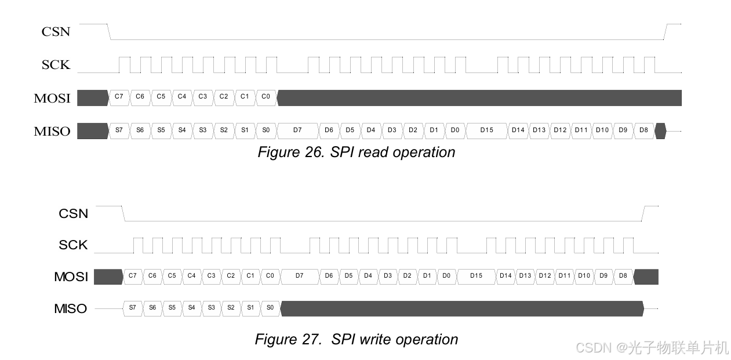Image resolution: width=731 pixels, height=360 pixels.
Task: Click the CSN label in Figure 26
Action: pyautogui.click(x=56, y=31)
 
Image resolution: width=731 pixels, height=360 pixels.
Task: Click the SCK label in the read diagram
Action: pyautogui.click(x=56, y=65)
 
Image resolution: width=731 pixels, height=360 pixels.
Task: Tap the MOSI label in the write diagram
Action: pyautogui.click(x=71, y=277)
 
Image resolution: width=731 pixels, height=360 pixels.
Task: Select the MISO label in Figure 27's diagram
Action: pyautogui.click(x=71, y=308)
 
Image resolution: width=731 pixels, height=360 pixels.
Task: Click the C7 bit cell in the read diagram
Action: pyautogui.click(x=119, y=97)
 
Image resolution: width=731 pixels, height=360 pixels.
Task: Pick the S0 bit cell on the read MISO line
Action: pyautogui.click(x=266, y=130)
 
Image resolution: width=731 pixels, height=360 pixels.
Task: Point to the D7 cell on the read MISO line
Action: pyautogui.click(x=297, y=130)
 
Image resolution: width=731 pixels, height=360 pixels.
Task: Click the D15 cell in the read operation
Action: pyautogui.click(x=486, y=130)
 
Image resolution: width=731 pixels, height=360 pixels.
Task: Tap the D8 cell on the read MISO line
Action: pyautogui.click(x=643, y=130)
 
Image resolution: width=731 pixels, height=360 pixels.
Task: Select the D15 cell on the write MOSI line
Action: pyautogui.click(x=476, y=276)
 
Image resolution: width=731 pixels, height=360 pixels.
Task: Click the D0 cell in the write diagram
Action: pyautogui.click(x=446, y=276)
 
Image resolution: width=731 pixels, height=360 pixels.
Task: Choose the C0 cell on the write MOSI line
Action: pyautogui.click(x=270, y=276)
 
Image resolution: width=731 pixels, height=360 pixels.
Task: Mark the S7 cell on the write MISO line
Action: pyautogui.click(x=133, y=308)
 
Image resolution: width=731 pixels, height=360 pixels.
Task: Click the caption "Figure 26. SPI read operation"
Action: pyautogui.click(x=356, y=152)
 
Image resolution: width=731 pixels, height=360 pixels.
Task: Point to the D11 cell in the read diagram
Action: pyautogui.click(x=581, y=130)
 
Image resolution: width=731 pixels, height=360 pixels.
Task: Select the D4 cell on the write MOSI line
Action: pyautogui.click(x=368, y=276)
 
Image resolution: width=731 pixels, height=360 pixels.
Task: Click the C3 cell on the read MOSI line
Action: pyautogui.click(x=202, y=97)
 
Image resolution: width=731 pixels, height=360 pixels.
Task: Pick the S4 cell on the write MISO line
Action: pyautogui.click(x=191, y=308)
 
